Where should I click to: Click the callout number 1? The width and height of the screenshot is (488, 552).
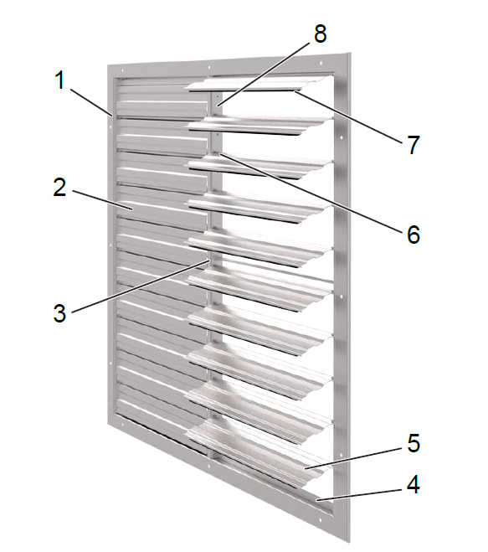(x=61, y=80)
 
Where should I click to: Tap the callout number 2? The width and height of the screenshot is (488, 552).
(x=59, y=188)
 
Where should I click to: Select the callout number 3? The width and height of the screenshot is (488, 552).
(x=59, y=312)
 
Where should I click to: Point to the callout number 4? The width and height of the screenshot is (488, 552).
(x=413, y=484)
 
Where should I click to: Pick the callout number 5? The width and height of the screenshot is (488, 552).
(x=414, y=443)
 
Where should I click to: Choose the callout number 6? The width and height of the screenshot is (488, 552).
(x=414, y=234)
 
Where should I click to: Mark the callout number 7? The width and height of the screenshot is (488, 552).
(x=414, y=145)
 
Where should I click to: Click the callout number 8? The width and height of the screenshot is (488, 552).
(x=320, y=34)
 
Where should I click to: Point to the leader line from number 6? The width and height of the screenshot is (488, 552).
(x=311, y=192)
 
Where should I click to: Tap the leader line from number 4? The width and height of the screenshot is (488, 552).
(x=359, y=494)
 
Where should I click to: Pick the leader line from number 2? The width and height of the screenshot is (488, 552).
(x=102, y=200)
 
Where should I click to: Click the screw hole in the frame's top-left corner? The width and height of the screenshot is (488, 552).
(x=122, y=70)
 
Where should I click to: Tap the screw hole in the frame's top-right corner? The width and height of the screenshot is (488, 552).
(x=321, y=63)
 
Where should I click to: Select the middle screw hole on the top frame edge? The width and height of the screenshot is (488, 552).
(x=209, y=67)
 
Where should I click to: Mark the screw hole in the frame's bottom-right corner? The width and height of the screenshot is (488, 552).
(x=320, y=520)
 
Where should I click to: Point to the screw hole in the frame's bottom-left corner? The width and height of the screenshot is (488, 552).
(x=122, y=426)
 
